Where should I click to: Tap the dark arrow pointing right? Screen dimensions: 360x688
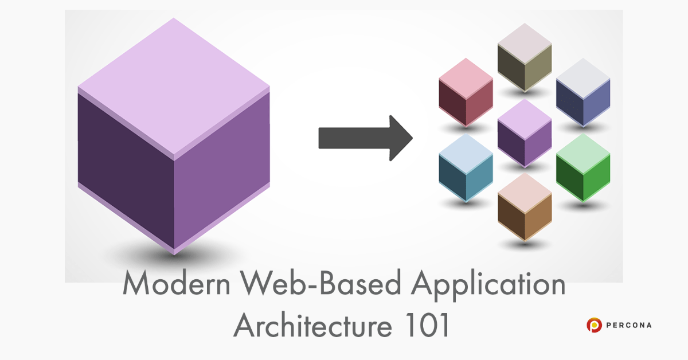[365, 138]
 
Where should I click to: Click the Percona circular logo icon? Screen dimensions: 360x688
[593, 325]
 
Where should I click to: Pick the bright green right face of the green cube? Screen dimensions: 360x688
[596, 178]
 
